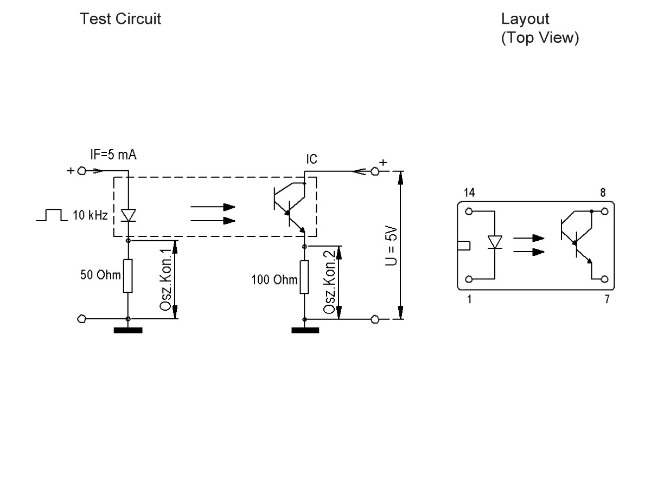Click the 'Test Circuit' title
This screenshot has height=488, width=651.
pyautogui.click(x=120, y=19)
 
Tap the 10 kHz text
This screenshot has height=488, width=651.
pyautogui.click(x=89, y=216)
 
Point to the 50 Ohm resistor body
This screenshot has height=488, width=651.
pyautogui.click(x=128, y=276)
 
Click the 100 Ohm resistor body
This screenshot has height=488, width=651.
pyautogui.click(x=304, y=277)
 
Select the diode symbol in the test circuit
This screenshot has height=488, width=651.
pyautogui.click(x=128, y=215)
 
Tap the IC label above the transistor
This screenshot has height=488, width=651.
pyautogui.click(x=312, y=159)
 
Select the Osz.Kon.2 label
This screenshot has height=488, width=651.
pyautogui.click(x=329, y=282)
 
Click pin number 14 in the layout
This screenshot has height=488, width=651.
pyautogui.click(x=469, y=192)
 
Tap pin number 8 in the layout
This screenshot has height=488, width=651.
pyautogui.click(x=604, y=192)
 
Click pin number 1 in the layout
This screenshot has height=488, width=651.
pyautogui.click(x=469, y=298)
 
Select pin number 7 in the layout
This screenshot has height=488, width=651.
pyautogui.click(x=607, y=298)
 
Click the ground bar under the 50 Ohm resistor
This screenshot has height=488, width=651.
pyautogui.click(x=128, y=330)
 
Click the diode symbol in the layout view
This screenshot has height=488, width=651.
pyautogui.click(x=495, y=242)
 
